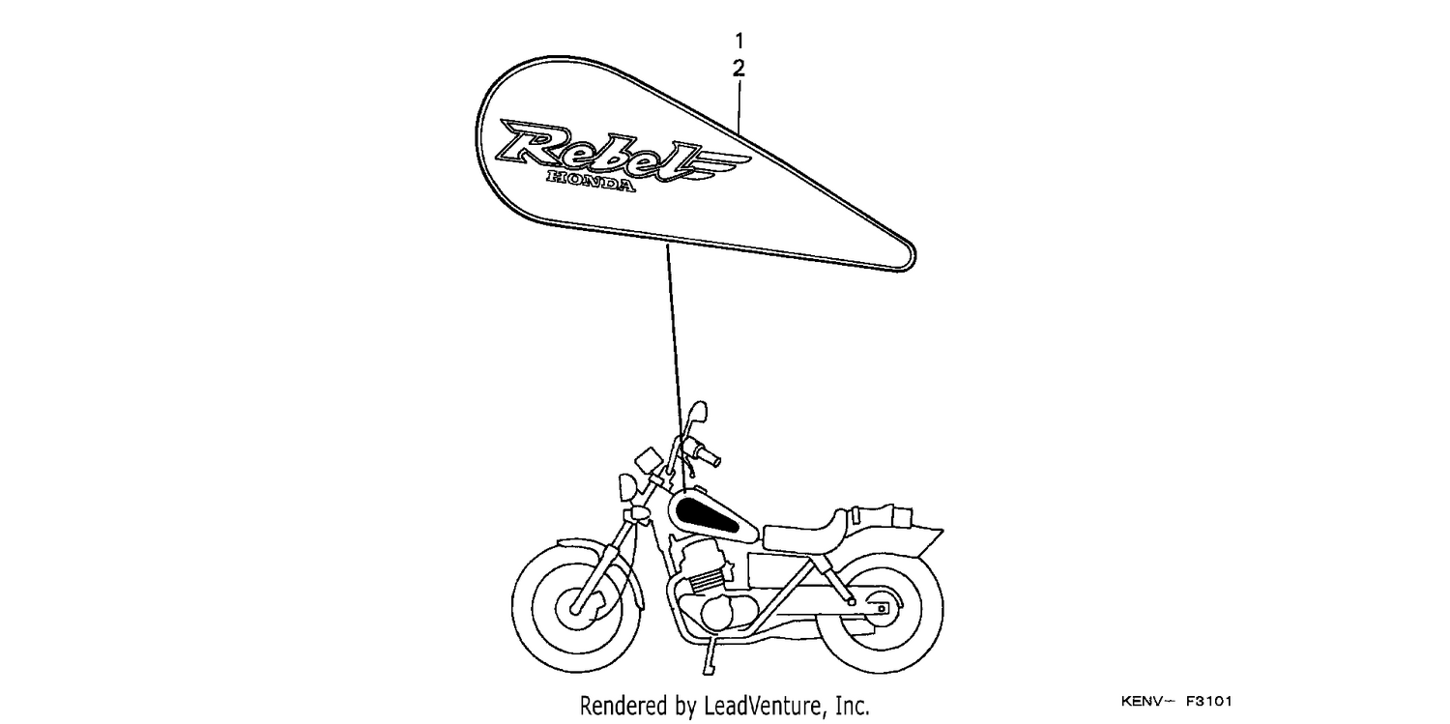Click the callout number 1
(739, 42)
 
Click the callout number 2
(739, 69)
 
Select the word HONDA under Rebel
(591, 181)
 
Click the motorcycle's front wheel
(576, 608)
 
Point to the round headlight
(627, 486)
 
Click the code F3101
(1209, 701)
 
